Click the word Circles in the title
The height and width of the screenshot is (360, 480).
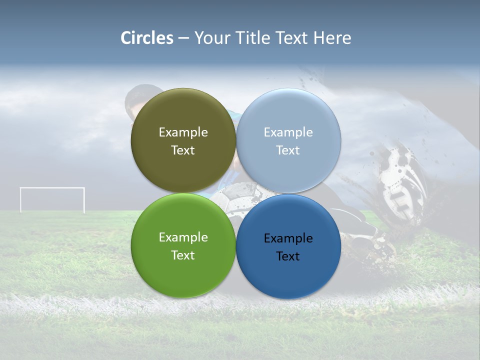146,38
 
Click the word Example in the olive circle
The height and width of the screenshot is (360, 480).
183,132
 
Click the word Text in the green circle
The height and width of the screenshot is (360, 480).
183,255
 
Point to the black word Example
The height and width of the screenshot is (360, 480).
288,238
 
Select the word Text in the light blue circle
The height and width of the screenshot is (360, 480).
288,150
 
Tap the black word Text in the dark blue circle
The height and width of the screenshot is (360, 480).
288,256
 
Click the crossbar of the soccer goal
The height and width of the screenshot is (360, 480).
52,188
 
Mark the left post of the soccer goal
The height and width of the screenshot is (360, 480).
21,200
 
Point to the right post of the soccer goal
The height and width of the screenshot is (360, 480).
83,200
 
